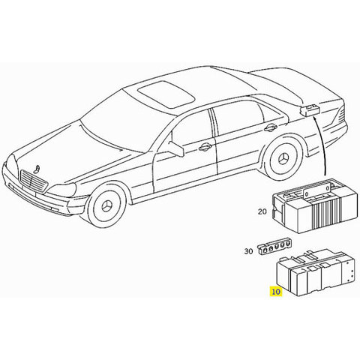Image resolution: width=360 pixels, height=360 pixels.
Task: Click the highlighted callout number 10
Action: [276, 292]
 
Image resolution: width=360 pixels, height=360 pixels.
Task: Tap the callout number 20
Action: [262, 211]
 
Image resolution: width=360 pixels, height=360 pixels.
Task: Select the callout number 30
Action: [248, 251]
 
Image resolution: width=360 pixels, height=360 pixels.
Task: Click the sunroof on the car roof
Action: [166, 94]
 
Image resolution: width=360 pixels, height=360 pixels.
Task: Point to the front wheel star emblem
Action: [108, 206]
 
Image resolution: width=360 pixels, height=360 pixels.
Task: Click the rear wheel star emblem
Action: [283, 159]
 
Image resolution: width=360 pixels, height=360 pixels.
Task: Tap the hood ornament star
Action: [37, 169]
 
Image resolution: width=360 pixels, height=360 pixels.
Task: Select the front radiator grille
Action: [34, 181]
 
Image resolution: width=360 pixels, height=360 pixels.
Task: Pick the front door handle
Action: [205, 148]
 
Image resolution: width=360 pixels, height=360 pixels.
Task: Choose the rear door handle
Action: [271, 127]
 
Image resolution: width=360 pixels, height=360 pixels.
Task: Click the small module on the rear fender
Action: [310, 110]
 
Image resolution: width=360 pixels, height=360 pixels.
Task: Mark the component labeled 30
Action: [274, 247]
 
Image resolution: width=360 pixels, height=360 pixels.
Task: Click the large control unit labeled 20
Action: [314, 205]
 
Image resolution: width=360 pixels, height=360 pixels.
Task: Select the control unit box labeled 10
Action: [316, 272]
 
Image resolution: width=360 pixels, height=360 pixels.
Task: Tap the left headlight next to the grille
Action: [61, 190]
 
